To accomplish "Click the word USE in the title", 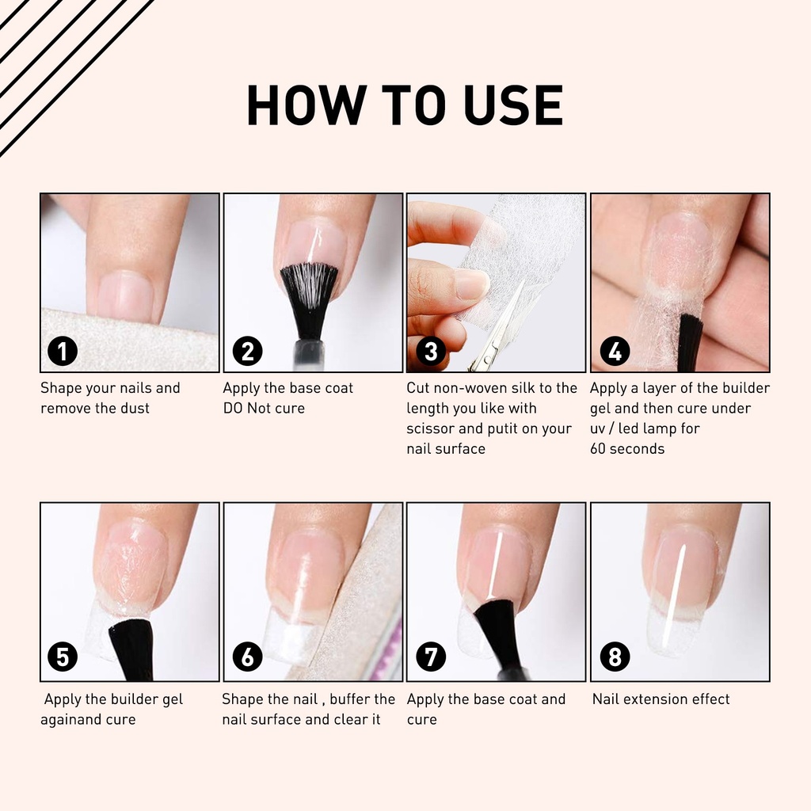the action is pos(513,105).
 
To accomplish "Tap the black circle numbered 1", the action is pos(63,351).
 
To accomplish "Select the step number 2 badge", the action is pos(247,351).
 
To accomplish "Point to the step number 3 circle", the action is pos(431,351).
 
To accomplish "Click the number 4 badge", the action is pos(615,351).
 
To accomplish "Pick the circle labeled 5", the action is pos(63,657).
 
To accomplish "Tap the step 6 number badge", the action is pos(247,657).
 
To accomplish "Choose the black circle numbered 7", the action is pos(431,657).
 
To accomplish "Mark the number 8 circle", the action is pos(615,657).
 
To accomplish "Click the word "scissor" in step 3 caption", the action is pos(430,428).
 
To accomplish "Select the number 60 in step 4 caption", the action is pos(598,448).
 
